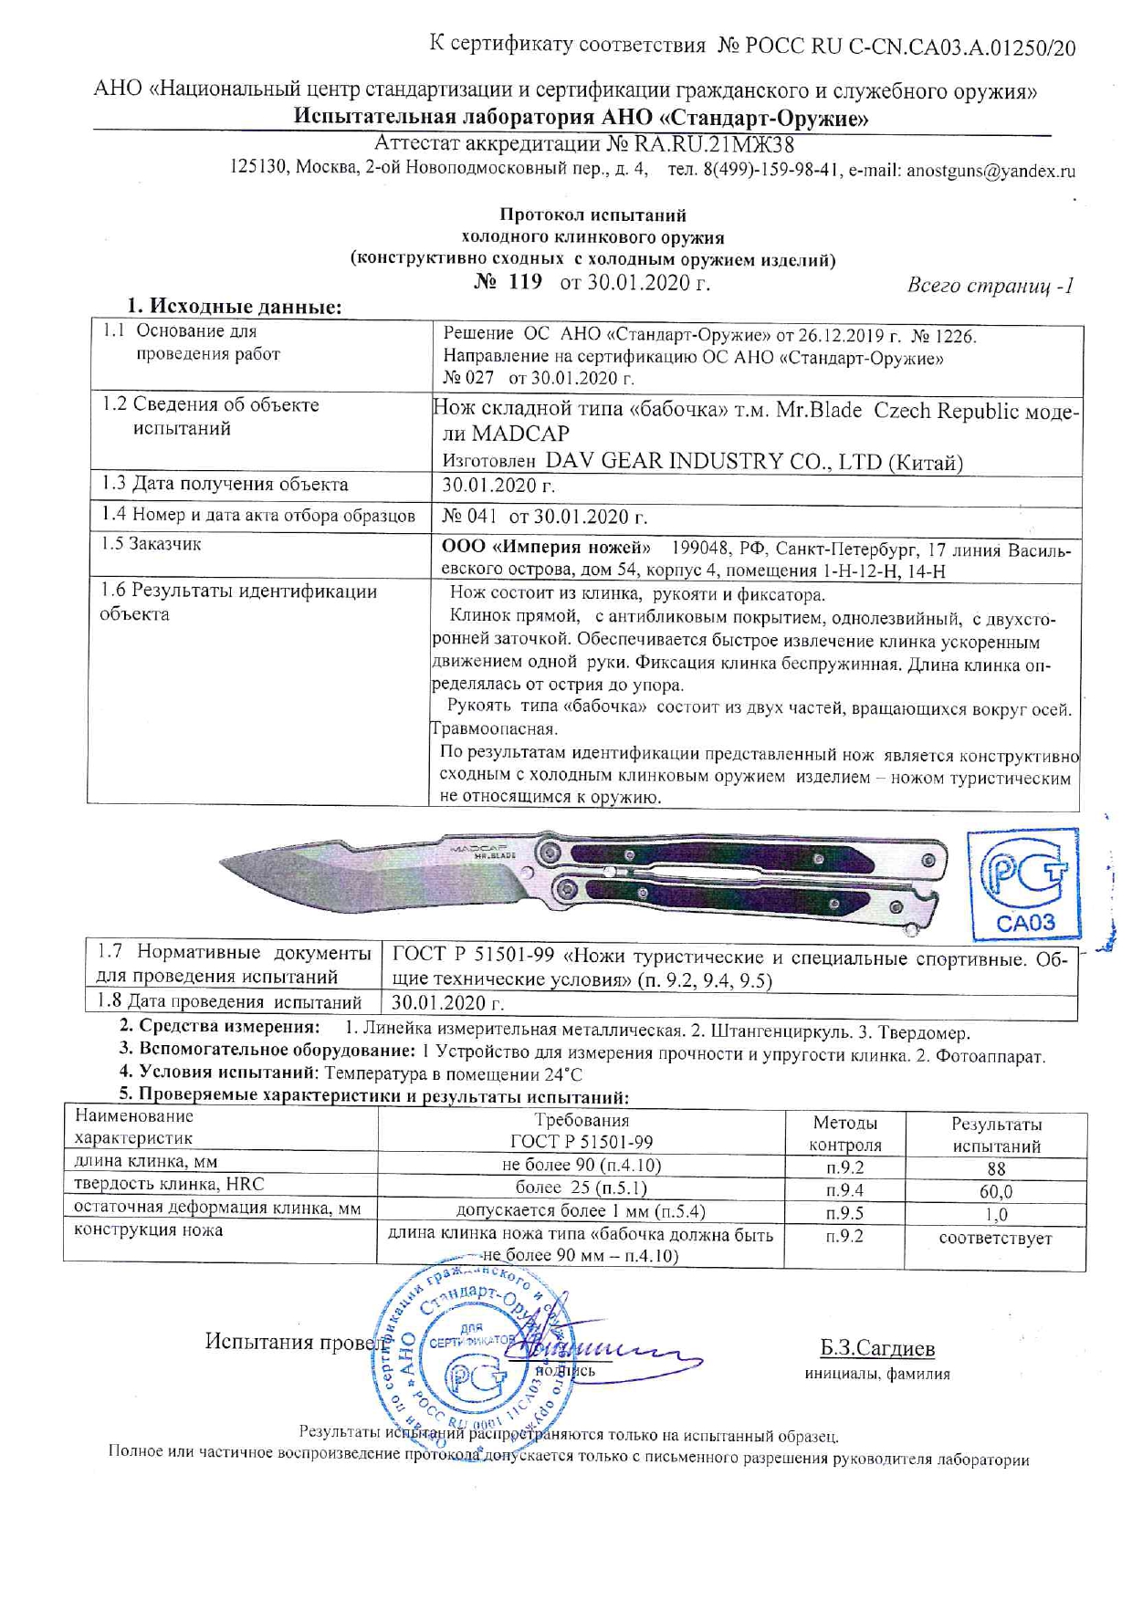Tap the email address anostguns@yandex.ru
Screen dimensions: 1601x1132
point(991,171)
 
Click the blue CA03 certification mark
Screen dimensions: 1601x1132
point(1024,883)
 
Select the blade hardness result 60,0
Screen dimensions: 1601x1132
point(995,1191)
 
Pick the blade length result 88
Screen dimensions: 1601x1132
point(995,1168)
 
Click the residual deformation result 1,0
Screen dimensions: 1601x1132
point(995,1214)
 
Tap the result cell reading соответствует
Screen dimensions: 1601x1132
point(995,1239)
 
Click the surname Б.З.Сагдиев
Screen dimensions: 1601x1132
point(876,1348)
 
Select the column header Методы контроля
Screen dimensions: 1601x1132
point(845,1134)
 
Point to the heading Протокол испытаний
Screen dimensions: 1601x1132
point(592,215)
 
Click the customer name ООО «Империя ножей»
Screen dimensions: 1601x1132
point(546,548)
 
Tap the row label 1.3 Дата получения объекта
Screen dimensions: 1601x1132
point(225,485)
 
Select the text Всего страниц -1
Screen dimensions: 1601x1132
point(990,286)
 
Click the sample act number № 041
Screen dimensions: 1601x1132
point(469,517)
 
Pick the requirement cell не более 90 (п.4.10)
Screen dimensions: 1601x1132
point(582,1165)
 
